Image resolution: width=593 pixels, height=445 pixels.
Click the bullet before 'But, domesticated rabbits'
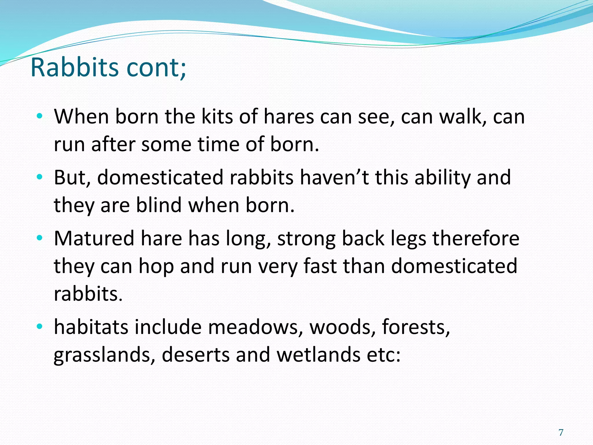click(40, 177)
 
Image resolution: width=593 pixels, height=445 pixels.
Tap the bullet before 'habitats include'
click(40, 327)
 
